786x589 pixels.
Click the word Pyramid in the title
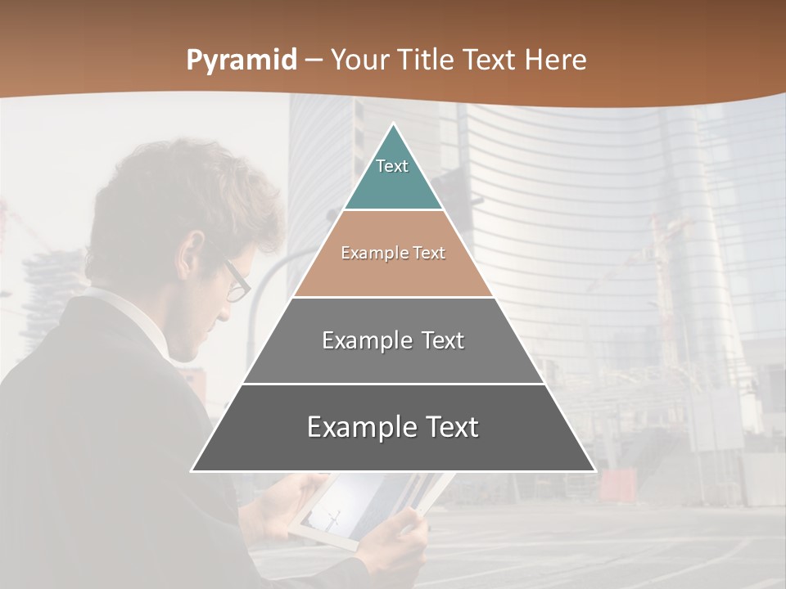tap(242, 61)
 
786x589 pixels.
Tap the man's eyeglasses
tap(236, 281)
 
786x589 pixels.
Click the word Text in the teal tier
tap(392, 166)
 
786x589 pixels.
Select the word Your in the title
tap(358, 61)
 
